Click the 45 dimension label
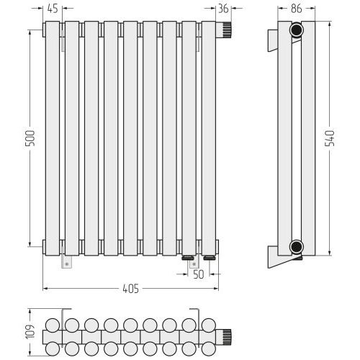(x=53, y=9)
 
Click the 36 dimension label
(x=223, y=9)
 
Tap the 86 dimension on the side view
(x=296, y=9)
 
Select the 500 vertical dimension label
(x=30, y=138)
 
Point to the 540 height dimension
(x=329, y=138)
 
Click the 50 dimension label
(x=199, y=274)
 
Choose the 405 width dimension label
(x=131, y=289)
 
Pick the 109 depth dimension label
(x=30, y=332)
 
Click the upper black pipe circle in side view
(x=297, y=30)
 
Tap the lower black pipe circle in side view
(x=297, y=246)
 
